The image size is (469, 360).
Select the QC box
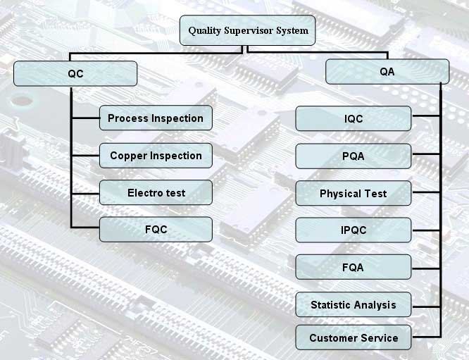point(75,73)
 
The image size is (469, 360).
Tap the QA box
point(387,72)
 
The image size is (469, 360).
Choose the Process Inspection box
point(156,118)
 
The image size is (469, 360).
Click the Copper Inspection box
point(156,156)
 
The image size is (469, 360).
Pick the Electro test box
point(156,193)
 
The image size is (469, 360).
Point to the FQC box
point(156,230)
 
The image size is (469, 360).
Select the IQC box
point(353,118)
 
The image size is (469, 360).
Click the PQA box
point(353,156)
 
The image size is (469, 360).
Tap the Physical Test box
point(353,193)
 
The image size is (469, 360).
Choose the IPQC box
point(353,230)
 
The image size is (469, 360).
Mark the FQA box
point(353,267)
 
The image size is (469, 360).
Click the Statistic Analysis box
point(353,305)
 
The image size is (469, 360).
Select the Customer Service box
point(353,337)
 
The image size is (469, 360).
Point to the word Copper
point(128,156)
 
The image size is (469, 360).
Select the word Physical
point(340,193)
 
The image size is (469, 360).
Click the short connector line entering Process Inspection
point(85,118)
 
